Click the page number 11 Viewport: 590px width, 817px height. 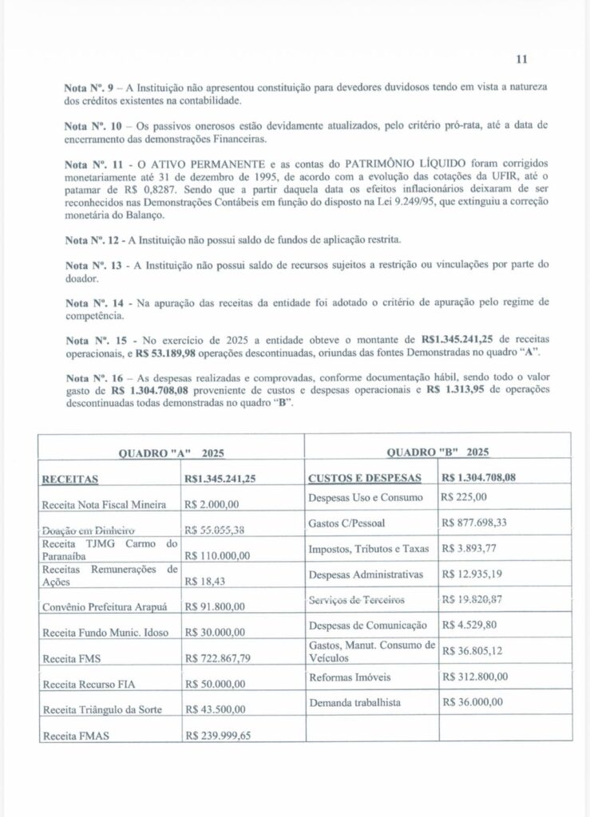point(522,59)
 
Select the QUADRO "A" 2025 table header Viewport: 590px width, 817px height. point(171,452)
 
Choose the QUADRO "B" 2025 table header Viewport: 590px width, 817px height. point(438,452)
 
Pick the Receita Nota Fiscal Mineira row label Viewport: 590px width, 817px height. point(104,504)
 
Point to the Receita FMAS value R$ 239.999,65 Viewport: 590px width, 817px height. point(218,736)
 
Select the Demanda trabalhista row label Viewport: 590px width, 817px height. point(354,703)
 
